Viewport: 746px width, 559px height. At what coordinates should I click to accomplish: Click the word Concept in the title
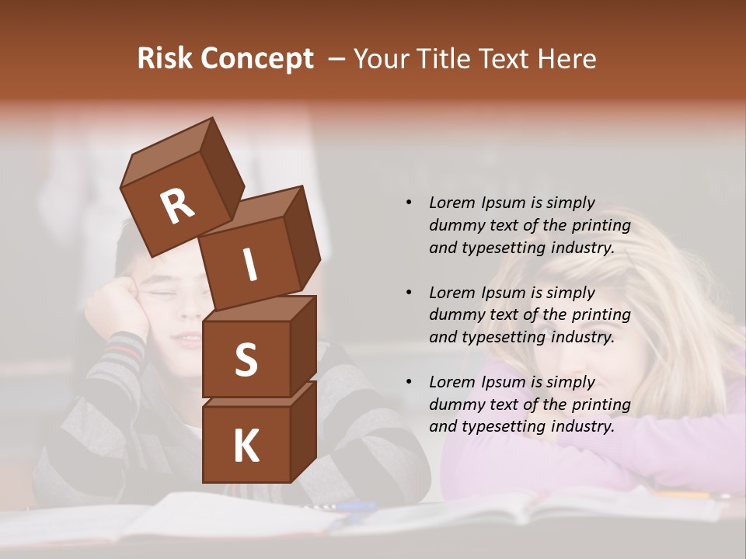[x=256, y=60]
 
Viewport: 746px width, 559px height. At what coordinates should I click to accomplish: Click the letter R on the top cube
[x=177, y=207]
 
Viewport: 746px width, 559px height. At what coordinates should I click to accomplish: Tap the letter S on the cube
[x=246, y=359]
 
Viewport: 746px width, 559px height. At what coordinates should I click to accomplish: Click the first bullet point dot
[x=409, y=203]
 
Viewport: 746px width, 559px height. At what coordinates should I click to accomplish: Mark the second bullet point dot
[x=409, y=293]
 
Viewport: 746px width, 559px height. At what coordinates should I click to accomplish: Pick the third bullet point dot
[x=409, y=382]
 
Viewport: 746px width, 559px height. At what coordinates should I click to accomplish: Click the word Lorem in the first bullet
[x=451, y=203]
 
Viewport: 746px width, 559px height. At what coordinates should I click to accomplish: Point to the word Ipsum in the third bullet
[x=503, y=382]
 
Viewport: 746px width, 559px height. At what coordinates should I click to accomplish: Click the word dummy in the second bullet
[x=455, y=314]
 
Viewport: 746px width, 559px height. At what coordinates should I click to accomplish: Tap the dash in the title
[x=338, y=60]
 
